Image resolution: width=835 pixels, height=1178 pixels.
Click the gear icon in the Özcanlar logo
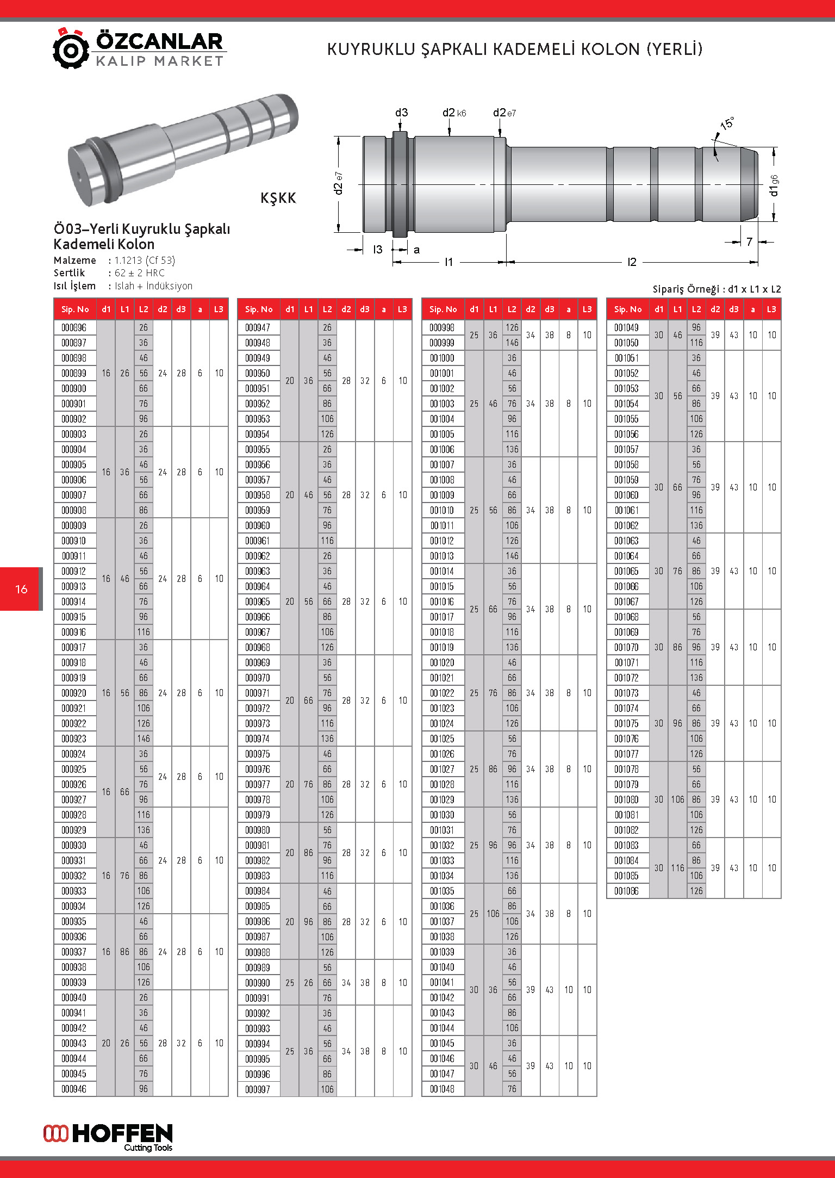point(70,49)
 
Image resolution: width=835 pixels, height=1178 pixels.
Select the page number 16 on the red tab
point(21,589)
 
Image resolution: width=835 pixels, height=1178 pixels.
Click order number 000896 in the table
point(74,328)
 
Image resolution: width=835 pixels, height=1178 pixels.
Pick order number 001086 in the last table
point(626,891)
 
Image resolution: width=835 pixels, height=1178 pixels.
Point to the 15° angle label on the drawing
point(727,123)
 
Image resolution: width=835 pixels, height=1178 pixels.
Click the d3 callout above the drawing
point(401,113)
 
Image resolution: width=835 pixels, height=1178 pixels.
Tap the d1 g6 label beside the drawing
point(774,185)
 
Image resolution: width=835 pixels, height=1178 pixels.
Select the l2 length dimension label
point(632,262)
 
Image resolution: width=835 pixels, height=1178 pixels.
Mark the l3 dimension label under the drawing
point(377,250)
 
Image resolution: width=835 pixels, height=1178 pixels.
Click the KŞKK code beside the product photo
point(278,198)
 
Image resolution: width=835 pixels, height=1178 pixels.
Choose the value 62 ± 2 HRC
point(139,273)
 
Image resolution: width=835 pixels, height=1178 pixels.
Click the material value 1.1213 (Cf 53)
point(145,261)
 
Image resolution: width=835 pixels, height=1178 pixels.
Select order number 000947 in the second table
point(258,328)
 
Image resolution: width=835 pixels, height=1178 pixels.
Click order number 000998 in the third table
point(442,328)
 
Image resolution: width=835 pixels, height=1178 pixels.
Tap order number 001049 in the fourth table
point(626,328)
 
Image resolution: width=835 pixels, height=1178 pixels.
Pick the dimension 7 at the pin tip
point(749,241)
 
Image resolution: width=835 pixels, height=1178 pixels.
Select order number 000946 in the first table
point(74,1089)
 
